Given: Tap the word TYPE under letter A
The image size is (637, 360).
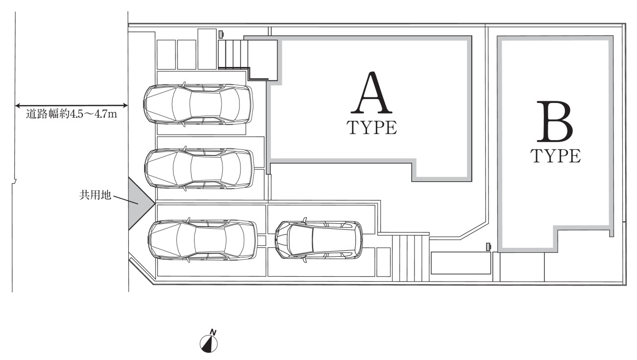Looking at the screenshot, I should pos(372,127).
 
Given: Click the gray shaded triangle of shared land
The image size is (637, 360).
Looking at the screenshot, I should pos(138,204).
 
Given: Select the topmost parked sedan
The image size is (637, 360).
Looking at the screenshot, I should pos(198,104).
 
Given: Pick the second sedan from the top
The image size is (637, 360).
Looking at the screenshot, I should pos(199,168).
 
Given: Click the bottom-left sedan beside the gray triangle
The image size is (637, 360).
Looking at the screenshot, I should pos(202,240).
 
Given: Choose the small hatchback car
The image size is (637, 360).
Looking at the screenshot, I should pos(318,240).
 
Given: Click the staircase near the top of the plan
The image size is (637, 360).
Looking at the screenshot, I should pos(233,53).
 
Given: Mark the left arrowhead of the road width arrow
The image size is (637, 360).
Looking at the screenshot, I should pos(18,105).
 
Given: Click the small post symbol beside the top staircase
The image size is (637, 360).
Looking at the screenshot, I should pos(221,34).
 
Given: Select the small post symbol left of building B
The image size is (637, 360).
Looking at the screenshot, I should pos(488,246).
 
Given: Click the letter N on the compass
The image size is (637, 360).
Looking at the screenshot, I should pos(213,333).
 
